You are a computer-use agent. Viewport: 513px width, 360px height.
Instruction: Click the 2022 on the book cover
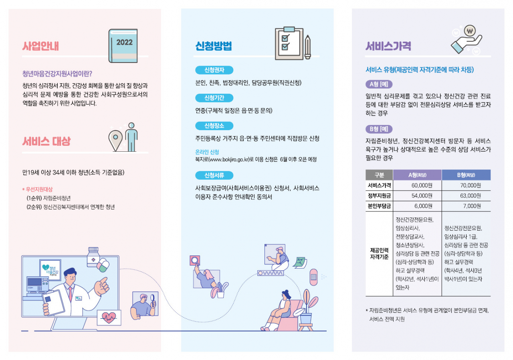click(124, 42)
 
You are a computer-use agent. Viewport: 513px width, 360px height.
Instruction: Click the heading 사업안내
click(40, 46)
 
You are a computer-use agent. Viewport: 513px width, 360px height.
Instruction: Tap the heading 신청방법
click(214, 46)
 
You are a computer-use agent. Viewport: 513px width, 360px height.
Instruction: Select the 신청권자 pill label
click(214, 70)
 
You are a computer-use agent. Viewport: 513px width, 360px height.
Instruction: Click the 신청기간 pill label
click(214, 98)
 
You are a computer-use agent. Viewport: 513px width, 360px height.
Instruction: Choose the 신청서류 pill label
click(214, 175)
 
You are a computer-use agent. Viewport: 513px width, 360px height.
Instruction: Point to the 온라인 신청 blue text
click(207, 152)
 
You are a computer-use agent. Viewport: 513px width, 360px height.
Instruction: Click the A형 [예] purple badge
click(379, 84)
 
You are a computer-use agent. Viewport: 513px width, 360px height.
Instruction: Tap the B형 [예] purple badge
click(379, 129)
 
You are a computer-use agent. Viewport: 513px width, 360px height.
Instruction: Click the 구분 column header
click(379, 175)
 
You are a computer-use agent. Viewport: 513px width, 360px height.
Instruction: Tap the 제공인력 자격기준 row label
click(379, 253)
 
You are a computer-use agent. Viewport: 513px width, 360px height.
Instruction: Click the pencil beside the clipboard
click(308, 47)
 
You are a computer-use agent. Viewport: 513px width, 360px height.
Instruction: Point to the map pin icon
click(116, 141)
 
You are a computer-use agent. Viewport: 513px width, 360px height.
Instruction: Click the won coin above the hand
click(470, 31)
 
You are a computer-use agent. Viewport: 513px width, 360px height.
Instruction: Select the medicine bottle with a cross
click(93, 257)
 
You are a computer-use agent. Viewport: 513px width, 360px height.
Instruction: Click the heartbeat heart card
click(109, 318)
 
